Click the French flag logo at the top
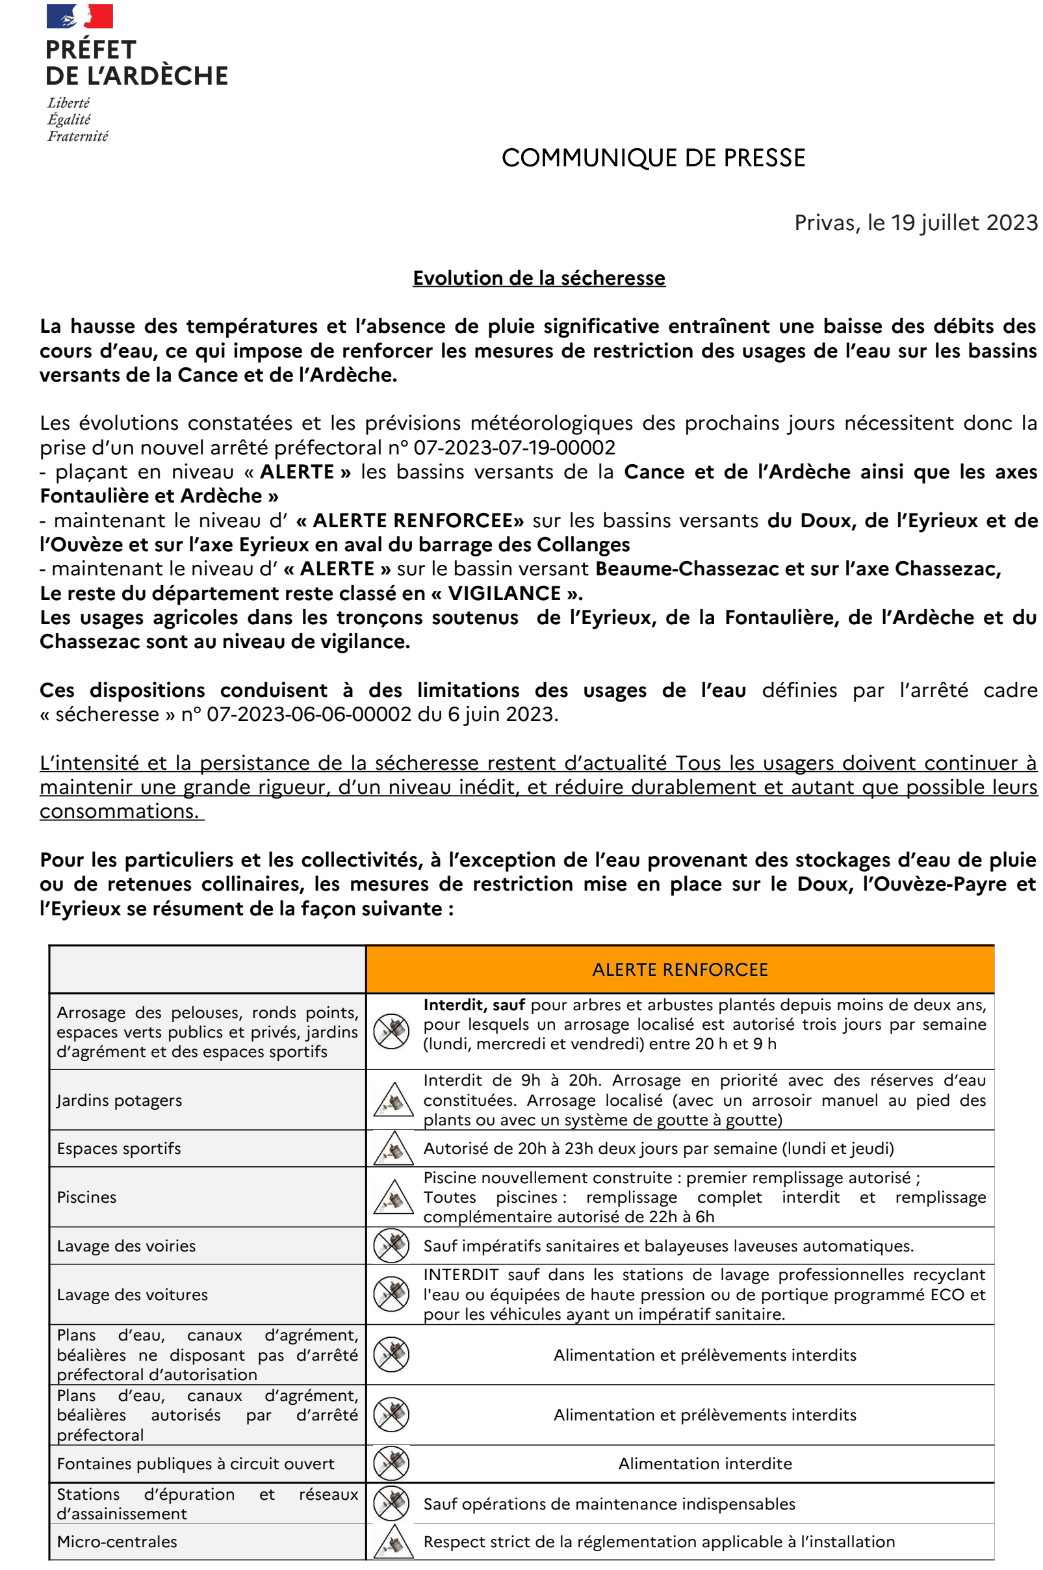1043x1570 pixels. click(79, 16)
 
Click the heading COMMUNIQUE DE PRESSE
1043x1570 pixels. click(652, 159)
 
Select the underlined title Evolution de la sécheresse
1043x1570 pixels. click(539, 278)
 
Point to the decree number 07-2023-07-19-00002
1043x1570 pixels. click(514, 448)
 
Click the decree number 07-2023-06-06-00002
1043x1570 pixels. click(309, 714)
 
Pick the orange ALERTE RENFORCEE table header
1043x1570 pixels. click(680, 970)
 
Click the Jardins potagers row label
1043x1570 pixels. click(119, 1101)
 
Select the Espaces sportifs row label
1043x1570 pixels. click(118, 1149)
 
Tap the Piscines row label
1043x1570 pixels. click(86, 1197)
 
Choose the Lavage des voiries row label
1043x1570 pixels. click(126, 1246)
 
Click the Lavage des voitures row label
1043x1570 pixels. click(133, 1294)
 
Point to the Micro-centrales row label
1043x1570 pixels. click(117, 1542)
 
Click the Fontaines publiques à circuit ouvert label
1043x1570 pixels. click(196, 1464)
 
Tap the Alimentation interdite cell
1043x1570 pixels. click(705, 1464)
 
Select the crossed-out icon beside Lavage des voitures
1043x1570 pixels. click(392, 1294)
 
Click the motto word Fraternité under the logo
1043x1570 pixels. click(77, 137)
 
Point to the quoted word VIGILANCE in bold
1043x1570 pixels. click(504, 594)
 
